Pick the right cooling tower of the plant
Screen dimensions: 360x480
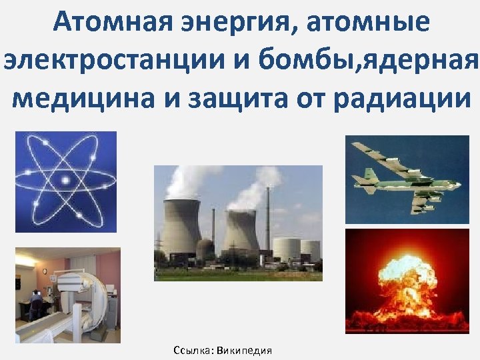pos(240,233)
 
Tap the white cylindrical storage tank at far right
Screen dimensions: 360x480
pos(310,250)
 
